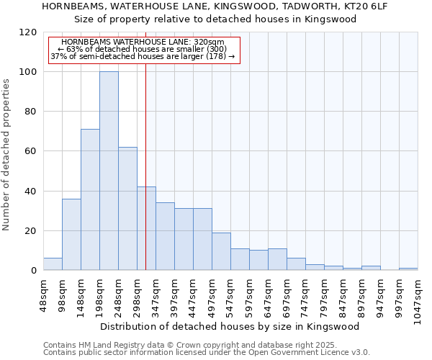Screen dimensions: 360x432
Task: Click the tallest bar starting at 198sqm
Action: pyautogui.click(x=109, y=171)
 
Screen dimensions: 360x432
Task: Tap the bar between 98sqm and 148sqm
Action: pyautogui.click(x=71, y=235)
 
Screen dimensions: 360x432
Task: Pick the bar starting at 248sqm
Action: pyautogui.click(x=127, y=209)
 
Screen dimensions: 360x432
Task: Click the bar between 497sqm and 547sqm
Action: pyautogui.click(x=221, y=251)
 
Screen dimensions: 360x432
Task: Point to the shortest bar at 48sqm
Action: pyautogui.click(x=53, y=264)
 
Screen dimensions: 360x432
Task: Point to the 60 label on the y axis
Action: pyautogui.click(x=31, y=151)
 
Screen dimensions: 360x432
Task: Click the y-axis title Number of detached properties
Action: pyautogui.click(x=7, y=156)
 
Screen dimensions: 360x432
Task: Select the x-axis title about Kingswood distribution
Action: pyautogui.click(x=230, y=326)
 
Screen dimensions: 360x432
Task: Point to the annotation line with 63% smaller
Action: pyautogui.click(x=142, y=49)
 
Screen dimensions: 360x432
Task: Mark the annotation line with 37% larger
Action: pyautogui.click(x=142, y=56)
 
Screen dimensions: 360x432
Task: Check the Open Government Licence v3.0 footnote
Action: pyautogui.click(x=206, y=353)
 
